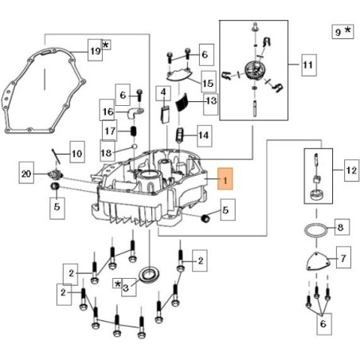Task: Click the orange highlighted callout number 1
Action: [225, 178]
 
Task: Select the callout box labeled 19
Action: [95, 50]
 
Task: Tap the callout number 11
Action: [309, 65]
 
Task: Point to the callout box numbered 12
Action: [352, 170]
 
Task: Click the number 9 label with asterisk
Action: [342, 32]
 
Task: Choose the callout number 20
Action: [26, 173]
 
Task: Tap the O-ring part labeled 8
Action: [316, 230]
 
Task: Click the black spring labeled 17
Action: [134, 131]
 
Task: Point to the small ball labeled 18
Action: [134, 147]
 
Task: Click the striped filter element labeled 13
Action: [182, 103]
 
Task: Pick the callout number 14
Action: [205, 136]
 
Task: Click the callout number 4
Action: [163, 93]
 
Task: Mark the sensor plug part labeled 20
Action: [55, 174]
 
